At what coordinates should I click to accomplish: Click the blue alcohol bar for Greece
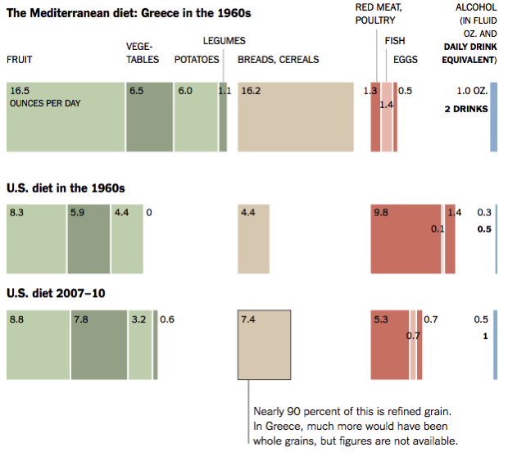point(493,117)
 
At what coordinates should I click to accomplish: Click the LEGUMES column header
point(224,41)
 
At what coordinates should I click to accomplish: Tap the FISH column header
point(395,41)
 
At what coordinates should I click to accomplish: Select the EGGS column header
point(406,60)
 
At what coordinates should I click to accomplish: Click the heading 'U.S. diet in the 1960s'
point(66,188)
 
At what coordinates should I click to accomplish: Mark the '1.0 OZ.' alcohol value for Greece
point(472,91)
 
